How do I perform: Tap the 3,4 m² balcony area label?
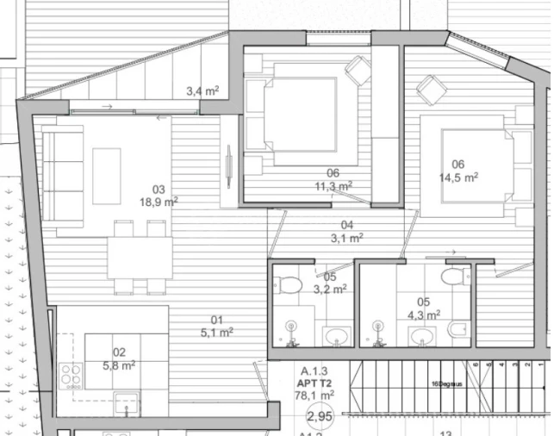202,89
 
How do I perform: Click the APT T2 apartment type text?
314,384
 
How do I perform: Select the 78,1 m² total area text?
314,396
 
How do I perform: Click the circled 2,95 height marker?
320,418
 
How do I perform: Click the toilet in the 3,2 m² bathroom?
289,283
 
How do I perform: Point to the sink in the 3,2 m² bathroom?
333,334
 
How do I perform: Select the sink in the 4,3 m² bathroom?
420,335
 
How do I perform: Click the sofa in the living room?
62,177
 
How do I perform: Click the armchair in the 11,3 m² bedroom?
357,70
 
